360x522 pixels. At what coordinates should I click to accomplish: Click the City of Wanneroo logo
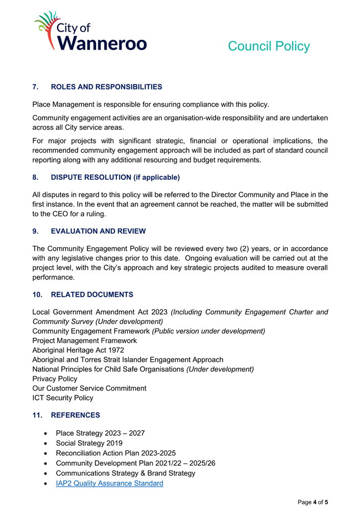point(90,31)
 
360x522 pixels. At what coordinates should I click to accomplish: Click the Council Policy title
point(269,46)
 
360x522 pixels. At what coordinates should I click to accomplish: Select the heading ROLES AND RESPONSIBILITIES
point(106,87)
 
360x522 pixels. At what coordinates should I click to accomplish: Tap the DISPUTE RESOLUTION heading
point(115,178)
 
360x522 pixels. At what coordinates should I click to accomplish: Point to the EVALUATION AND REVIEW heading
point(98,231)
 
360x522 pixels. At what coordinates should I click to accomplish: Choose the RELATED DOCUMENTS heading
point(92,295)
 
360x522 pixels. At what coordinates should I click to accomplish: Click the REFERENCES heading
point(76,415)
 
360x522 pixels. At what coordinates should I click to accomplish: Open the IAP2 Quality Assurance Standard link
point(109,483)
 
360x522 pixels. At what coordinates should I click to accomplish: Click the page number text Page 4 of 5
point(313,503)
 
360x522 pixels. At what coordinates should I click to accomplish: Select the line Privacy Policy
point(55,379)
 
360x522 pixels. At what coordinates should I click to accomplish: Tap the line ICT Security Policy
point(63,398)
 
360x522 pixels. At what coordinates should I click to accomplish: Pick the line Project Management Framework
point(84,341)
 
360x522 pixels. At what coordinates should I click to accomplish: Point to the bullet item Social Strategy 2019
point(89,443)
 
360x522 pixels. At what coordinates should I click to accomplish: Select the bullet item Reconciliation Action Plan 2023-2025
point(116,454)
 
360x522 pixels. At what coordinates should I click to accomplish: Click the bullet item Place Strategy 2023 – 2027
point(100,433)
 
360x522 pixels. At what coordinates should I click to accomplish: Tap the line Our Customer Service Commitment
point(89,388)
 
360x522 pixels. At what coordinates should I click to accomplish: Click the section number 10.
point(37,295)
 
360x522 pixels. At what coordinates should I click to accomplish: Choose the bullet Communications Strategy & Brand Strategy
point(125,473)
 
